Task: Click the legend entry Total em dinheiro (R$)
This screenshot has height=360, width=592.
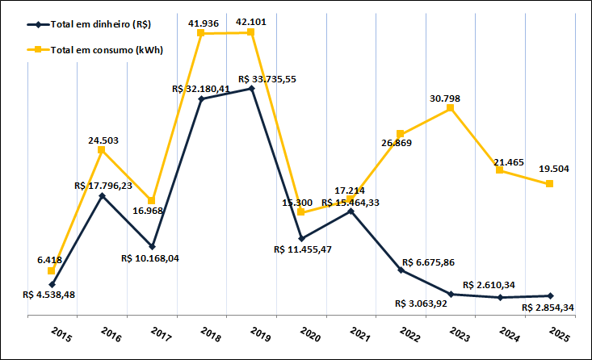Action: [106, 25]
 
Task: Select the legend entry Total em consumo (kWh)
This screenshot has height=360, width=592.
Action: [106, 50]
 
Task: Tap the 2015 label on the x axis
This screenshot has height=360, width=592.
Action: [58, 333]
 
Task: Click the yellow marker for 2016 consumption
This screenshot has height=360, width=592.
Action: [101, 149]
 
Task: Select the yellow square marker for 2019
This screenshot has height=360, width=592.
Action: [251, 31]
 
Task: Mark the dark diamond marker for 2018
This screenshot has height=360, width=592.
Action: [201, 98]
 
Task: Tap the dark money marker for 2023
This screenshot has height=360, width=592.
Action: [451, 294]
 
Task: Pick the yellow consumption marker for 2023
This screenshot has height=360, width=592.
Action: [451, 107]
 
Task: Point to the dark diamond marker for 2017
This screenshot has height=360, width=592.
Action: [151, 246]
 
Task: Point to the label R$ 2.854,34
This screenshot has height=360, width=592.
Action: [549, 308]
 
